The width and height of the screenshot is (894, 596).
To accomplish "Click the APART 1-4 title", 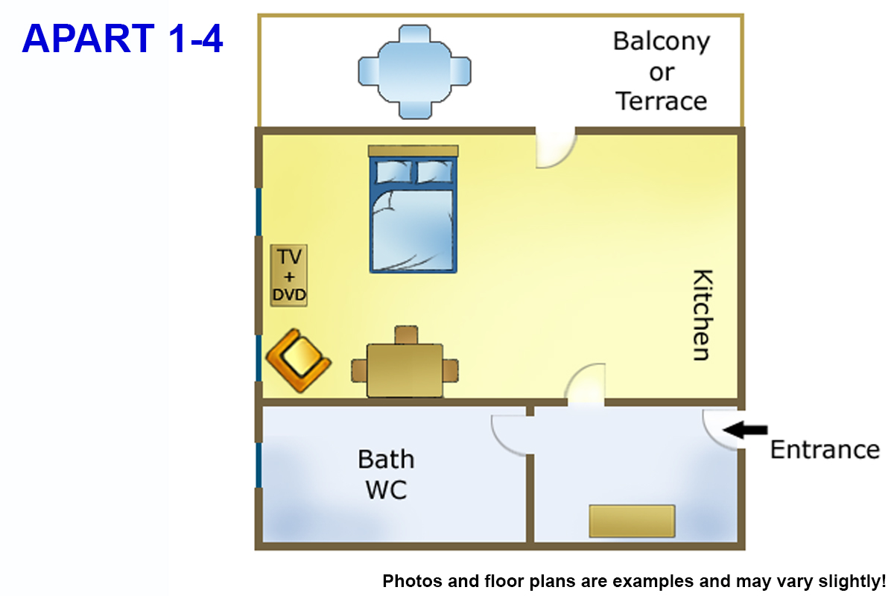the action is point(122,38).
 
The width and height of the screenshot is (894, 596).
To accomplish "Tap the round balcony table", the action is point(414,72).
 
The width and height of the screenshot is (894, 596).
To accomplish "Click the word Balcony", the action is point(662,42).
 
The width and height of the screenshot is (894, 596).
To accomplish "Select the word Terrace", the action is point(662,101).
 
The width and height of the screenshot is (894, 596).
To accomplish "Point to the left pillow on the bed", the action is point(393,171).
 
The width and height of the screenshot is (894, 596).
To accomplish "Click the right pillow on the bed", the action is point(434,171).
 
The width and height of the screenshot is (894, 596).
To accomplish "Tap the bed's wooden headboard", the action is point(413,151).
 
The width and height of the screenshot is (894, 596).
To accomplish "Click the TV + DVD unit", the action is point(288,276).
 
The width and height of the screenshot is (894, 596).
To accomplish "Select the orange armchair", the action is point(299,360).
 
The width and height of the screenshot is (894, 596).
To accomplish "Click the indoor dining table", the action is point(405,370).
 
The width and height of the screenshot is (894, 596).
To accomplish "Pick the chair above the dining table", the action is point(406,335).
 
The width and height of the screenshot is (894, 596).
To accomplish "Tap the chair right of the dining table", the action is point(451,370).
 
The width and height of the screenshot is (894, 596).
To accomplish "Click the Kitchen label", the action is point(702,315).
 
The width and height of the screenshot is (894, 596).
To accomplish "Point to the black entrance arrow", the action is point(745,430).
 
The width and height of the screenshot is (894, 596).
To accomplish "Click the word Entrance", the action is point(825,450).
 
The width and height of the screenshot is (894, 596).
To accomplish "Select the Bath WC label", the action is point(386,475).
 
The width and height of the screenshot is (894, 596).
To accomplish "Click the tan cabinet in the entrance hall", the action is point(633,521).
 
